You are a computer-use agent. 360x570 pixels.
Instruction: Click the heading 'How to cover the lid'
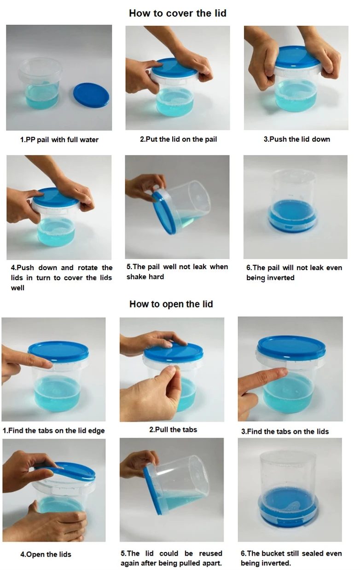(x=177, y=13)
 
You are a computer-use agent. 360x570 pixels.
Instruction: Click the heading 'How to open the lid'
(x=171, y=304)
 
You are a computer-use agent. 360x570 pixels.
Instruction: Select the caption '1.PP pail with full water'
(x=59, y=139)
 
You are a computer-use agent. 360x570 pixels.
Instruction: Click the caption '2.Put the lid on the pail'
(x=178, y=139)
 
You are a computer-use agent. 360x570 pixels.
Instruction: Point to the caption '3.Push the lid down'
(x=296, y=139)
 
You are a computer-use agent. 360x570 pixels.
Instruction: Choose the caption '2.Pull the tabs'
(x=173, y=429)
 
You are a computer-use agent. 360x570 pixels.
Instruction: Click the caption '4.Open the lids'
(x=46, y=554)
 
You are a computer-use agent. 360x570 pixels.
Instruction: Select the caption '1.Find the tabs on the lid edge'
(x=54, y=431)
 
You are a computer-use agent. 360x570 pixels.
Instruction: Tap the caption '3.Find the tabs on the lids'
(x=285, y=431)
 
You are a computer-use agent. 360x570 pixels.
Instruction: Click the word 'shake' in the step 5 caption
(x=136, y=276)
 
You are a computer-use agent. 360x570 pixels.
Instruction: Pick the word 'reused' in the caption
(x=210, y=553)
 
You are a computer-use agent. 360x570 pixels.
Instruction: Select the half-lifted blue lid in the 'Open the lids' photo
(x=69, y=472)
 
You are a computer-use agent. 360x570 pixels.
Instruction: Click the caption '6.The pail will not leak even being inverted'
(x=294, y=272)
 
